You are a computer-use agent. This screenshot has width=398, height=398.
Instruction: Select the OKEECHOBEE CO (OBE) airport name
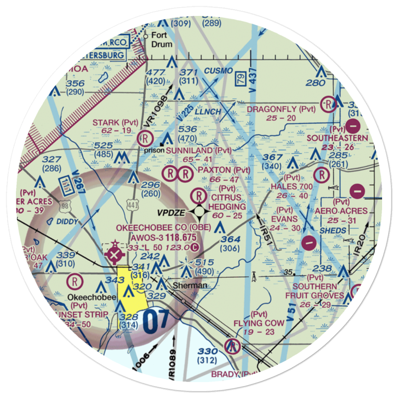click(156, 228)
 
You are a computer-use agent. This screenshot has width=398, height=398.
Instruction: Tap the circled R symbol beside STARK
click(144, 139)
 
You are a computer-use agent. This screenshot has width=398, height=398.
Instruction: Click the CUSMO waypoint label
click(219, 71)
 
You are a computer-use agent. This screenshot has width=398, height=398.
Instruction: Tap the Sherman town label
click(190, 285)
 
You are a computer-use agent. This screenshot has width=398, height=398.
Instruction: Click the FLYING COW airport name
click(259, 323)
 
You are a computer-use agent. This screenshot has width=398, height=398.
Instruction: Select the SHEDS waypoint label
click(333, 231)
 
